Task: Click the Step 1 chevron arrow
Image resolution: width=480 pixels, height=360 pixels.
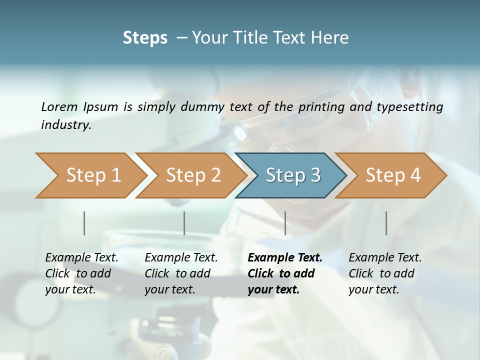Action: (x=90, y=175)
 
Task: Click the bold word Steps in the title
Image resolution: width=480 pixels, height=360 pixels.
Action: (x=145, y=37)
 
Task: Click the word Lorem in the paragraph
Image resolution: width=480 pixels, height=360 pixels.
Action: (x=59, y=106)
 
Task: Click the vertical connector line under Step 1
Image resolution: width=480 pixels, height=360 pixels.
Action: (x=84, y=223)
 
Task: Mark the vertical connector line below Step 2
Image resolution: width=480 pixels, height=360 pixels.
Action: (x=184, y=223)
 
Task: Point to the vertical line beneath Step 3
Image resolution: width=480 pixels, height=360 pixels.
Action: (x=285, y=223)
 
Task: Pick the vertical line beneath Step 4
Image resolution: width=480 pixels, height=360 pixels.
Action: (x=386, y=223)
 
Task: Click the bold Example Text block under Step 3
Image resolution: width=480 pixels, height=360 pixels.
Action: (x=284, y=273)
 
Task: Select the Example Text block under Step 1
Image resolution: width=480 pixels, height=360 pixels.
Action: (x=81, y=273)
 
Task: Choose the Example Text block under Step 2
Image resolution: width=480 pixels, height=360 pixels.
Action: (x=180, y=273)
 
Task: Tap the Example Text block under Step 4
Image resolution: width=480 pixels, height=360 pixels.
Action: (x=384, y=273)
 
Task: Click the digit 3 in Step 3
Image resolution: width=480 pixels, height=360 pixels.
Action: (x=315, y=175)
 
